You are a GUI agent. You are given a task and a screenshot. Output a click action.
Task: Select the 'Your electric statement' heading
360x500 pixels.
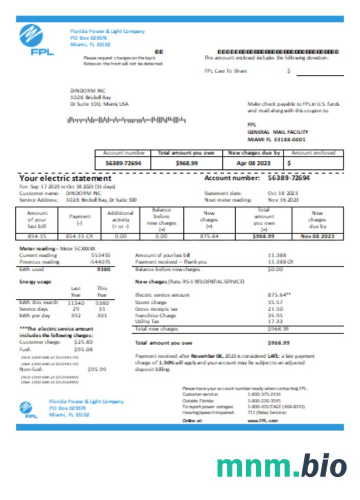click(65, 178)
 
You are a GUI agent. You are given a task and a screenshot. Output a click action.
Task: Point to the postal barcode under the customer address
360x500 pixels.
click(126, 120)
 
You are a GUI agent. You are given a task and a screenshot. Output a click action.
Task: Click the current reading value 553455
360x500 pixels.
click(101, 255)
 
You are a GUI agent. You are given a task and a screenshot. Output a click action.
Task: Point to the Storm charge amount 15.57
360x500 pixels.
click(275, 302)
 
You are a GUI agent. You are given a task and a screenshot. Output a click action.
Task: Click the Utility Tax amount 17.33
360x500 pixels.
click(275, 321)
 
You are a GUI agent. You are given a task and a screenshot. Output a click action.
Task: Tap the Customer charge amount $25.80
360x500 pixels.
click(83, 341)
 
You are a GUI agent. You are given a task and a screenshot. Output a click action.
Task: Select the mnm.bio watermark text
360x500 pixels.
click(281, 465)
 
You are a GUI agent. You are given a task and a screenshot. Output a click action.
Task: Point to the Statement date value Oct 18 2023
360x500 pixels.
click(283, 193)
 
